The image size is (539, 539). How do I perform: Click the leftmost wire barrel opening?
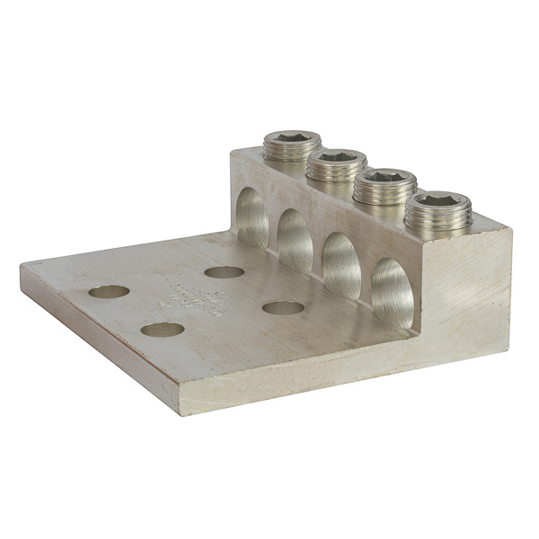[253, 219]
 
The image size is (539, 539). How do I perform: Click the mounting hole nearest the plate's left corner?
[109, 292]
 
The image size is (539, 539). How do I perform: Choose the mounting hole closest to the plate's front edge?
[163, 330]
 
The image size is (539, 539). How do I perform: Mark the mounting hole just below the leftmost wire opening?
[224, 271]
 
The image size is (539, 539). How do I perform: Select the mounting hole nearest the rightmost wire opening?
[283, 308]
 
